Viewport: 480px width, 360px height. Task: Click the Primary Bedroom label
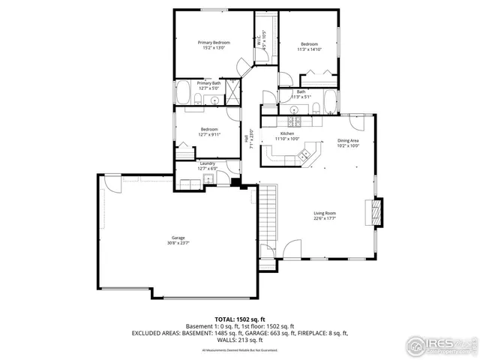point(214,43)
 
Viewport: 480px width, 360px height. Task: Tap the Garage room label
point(177,238)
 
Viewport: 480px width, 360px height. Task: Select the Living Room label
point(325,214)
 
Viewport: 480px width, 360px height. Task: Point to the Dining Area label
point(348,140)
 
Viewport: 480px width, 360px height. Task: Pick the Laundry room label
point(207,163)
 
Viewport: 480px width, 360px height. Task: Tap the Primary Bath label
point(208,83)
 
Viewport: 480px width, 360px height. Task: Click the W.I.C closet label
point(258,43)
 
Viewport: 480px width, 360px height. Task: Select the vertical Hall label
point(245,138)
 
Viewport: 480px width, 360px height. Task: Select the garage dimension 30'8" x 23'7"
point(177,243)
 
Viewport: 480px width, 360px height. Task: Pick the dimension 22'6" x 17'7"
point(325,219)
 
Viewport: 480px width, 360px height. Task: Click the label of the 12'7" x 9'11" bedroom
point(208,129)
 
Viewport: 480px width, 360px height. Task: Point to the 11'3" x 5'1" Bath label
point(301,91)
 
